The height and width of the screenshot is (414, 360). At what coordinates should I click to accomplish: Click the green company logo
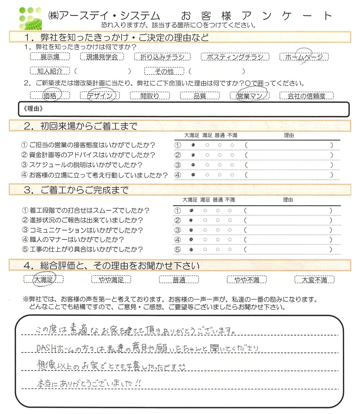pos(30,18)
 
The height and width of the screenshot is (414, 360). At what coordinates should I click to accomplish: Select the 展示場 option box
pos(50,57)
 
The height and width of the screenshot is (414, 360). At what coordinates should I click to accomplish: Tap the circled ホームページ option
pos(304,57)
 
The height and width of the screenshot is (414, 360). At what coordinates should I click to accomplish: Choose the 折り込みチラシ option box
pos(162,57)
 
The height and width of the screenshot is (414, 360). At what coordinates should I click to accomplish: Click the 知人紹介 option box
pos(50,71)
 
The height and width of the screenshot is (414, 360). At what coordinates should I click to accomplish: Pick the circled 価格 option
pos(50,96)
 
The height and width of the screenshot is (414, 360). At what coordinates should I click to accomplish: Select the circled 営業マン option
pos(250,96)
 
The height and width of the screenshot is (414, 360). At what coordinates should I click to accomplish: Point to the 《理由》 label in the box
pos(33,109)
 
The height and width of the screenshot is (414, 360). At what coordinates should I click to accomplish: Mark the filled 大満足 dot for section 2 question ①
pos(193,145)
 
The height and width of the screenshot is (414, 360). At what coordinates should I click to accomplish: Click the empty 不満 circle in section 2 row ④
pos(232,175)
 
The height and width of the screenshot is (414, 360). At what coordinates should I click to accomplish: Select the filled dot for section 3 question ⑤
pos(191,249)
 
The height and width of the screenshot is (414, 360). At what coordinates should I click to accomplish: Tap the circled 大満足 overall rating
pos(43,279)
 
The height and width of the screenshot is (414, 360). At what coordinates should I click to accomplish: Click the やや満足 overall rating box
pos(111,280)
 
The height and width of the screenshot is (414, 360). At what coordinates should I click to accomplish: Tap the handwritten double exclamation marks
pos(138,383)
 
